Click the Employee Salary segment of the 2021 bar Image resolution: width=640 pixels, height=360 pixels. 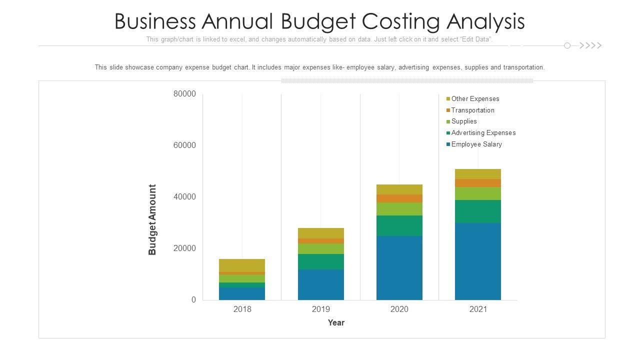pos(477,261)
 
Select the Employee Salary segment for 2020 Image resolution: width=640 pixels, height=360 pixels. pos(399,267)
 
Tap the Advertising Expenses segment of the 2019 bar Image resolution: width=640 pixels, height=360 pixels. pos(320,261)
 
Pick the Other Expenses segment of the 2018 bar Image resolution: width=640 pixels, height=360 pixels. pos(242,265)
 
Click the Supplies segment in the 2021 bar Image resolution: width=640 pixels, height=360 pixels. pos(477,193)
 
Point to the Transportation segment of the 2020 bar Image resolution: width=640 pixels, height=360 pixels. pos(399,198)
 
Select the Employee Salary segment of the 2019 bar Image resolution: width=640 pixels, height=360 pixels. pos(320,284)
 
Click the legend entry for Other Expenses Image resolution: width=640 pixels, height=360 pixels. pos(475,99)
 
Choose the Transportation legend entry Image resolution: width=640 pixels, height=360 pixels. pos(472,110)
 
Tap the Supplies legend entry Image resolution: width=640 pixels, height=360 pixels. pos(464,121)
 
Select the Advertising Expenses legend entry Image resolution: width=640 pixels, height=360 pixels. pos(483,133)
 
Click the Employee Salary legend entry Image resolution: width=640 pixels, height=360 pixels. pos(476,144)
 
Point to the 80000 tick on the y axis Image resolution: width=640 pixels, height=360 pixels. pos(184,94)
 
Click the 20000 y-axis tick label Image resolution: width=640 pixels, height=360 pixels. pos(184,248)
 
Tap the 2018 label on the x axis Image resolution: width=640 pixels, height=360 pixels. pos(242,309)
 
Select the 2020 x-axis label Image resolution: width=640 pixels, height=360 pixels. pos(399,309)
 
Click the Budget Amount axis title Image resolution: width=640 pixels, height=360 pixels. pos(152,219)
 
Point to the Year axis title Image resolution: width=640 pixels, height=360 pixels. pos(336,323)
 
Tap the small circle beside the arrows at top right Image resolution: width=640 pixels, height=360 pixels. pos(567,45)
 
